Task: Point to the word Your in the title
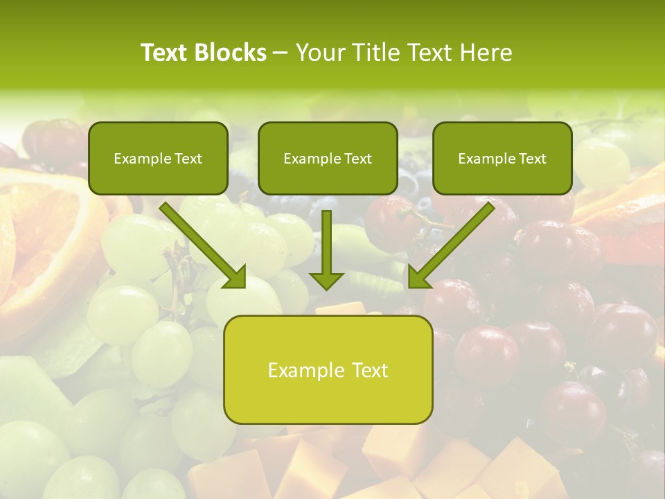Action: coord(321,53)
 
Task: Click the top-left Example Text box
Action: coord(158,158)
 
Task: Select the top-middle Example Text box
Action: coord(328,158)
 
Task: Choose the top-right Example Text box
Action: coord(502,158)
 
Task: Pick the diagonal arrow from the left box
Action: coord(201,243)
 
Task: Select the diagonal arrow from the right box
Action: coord(454,243)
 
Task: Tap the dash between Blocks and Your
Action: coord(281,53)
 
